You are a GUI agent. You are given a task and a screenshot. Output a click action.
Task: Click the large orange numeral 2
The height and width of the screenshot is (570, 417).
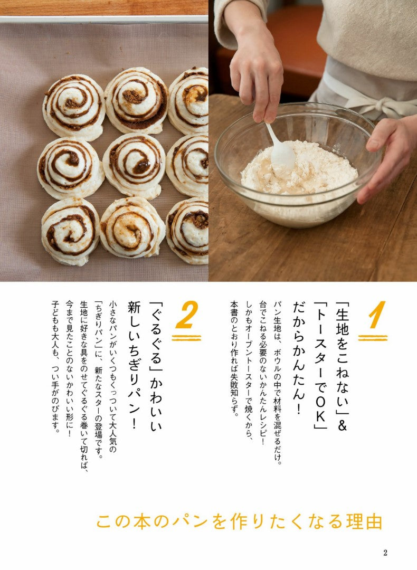pyautogui.click(x=187, y=315)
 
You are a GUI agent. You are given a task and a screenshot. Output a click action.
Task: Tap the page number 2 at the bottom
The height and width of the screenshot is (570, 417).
pyautogui.click(x=385, y=553)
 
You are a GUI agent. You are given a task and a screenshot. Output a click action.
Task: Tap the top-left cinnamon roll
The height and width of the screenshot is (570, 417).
pyautogui.click(x=74, y=107)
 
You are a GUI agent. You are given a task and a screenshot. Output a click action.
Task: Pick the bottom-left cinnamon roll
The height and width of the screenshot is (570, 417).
pyautogui.click(x=70, y=231)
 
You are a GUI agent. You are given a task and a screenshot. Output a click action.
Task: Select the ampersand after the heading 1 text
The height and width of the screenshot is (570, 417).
pyautogui.click(x=342, y=425)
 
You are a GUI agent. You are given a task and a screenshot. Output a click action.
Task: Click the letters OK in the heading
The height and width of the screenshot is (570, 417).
pyautogui.click(x=320, y=408)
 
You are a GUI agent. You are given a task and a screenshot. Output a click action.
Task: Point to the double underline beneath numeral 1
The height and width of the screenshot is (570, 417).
pyautogui.click(x=373, y=338)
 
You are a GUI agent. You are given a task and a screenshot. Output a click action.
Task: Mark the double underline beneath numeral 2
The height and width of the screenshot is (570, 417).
pyautogui.click(x=186, y=338)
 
